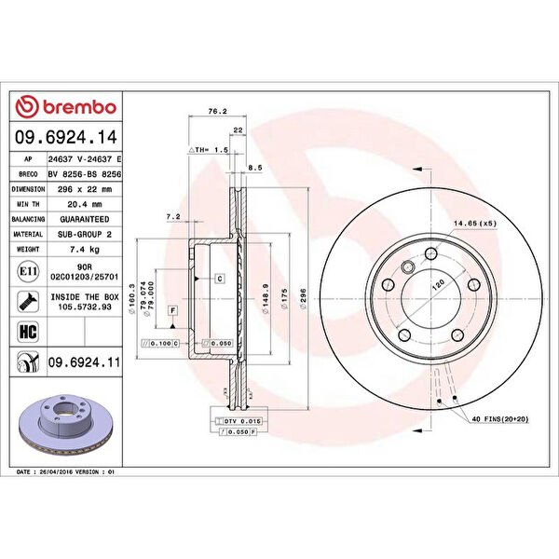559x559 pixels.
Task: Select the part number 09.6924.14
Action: click(x=66, y=138)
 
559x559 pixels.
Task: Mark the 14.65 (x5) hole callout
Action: click(x=474, y=225)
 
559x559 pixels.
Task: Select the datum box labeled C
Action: click(x=219, y=278)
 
